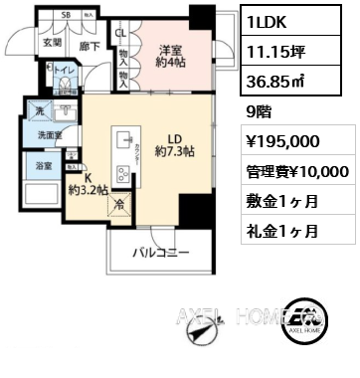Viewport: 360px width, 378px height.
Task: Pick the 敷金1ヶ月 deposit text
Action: tap(283, 202)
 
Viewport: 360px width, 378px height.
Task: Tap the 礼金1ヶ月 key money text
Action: tap(283, 231)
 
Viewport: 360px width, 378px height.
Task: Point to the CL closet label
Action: tap(119, 32)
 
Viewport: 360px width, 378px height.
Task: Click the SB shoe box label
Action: tap(66, 17)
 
